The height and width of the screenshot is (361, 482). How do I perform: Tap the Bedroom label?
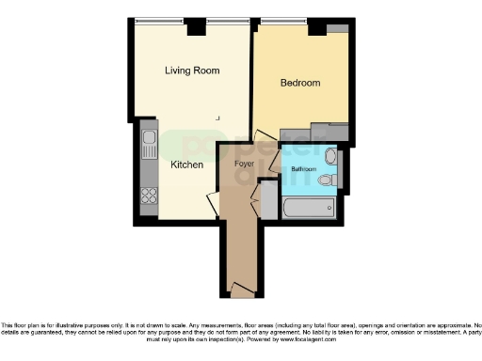(x=300, y=83)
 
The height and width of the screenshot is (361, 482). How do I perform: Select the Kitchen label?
(x=186, y=165)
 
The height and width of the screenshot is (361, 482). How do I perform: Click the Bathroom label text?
(x=303, y=169)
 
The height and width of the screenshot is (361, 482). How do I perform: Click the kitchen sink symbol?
(x=149, y=145)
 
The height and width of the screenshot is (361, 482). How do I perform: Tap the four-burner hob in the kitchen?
(x=148, y=196)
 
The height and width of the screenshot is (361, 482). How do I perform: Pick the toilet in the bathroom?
(x=328, y=180)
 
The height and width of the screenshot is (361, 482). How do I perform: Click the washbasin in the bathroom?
(x=330, y=157)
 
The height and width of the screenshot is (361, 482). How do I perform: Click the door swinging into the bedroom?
(x=265, y=141)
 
